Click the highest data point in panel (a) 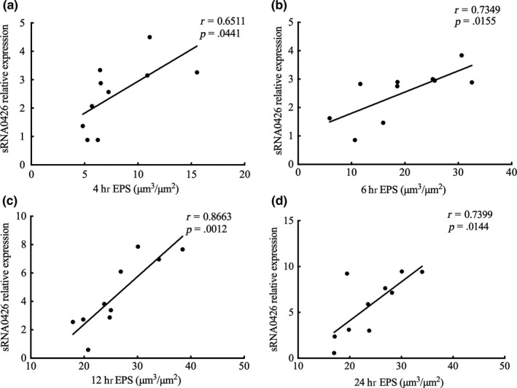click(149, 37)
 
